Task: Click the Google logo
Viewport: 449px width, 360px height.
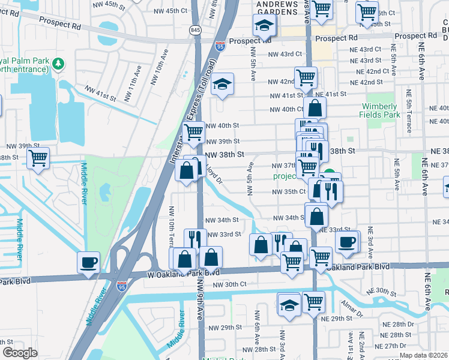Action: click(20, 353)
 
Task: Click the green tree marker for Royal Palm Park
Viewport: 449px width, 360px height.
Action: click(58, 62)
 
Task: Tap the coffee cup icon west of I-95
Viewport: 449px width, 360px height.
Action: click(88, 262)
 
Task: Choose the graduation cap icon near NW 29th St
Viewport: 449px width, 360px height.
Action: click(289, 304)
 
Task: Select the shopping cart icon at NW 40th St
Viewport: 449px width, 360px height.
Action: click(193, 132)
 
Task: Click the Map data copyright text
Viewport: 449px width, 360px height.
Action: click(424, 355)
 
